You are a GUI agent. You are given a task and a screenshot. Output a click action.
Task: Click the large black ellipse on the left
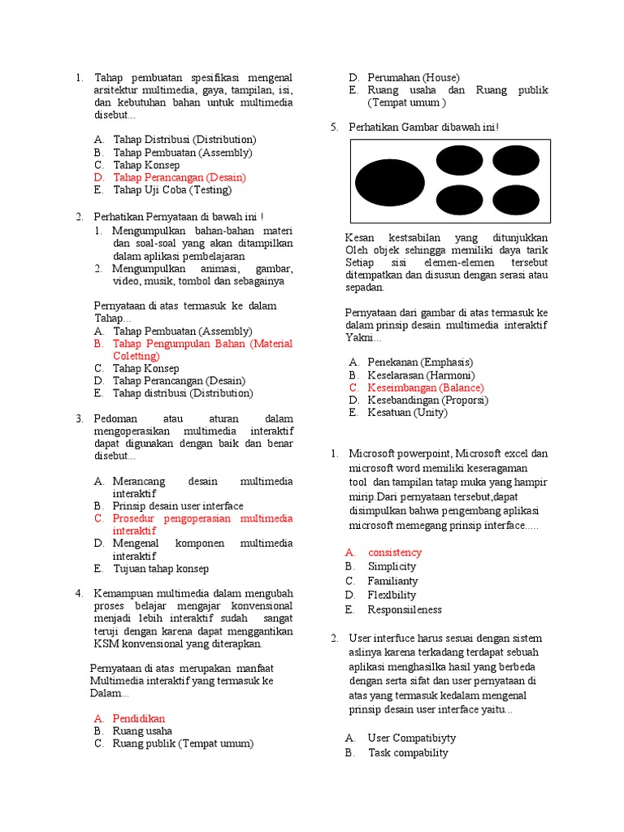[x=390, y=182]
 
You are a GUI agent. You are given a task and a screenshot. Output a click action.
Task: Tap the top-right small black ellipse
[x=515, y=160]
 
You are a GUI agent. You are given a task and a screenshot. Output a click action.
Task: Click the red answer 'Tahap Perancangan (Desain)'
[x=179, y=177]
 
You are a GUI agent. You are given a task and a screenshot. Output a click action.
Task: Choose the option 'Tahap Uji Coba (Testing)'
[x=172, y=190]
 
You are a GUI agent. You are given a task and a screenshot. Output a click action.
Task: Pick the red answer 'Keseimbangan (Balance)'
[x=425, y=388]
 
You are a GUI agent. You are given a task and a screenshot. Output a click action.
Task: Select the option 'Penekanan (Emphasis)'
[x=420, y=362]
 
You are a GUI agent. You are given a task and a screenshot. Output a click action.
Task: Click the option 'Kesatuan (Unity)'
[x=407, y=413]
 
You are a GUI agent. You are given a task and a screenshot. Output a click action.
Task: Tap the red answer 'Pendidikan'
[x=138, y=718]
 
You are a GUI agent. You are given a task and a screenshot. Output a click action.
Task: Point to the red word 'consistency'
[x=395, y=552]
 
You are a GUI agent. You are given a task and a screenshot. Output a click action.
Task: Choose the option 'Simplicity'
[x=392, y=566]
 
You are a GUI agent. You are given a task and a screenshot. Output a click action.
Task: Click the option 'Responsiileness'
[x=405, y=609]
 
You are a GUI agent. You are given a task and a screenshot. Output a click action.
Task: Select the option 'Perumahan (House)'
[x=413, y=77]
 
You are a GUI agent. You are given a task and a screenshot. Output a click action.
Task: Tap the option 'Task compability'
[x=408, y=752]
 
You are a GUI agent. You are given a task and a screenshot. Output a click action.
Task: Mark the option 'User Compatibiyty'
[x=411, y=738]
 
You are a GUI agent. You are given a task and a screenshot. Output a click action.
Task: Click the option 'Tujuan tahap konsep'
[x=160, y=569]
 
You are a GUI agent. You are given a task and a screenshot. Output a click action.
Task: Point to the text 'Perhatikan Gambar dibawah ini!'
[x=423, y=128]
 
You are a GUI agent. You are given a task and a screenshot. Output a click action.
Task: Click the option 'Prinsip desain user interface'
[x=178, y=505]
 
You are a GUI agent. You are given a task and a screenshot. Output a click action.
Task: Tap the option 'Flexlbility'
[x=392, y=595]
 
